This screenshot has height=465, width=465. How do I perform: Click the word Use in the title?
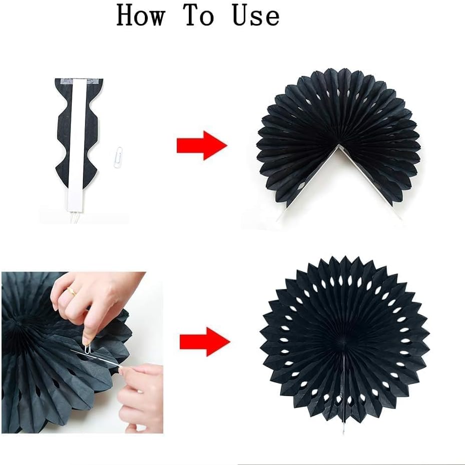256,15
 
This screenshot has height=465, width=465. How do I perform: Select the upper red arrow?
202,146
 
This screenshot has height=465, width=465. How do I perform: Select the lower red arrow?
205,342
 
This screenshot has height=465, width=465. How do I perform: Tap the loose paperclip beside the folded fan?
119,158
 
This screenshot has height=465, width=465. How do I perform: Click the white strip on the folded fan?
77,145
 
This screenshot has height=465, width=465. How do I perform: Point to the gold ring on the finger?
72,291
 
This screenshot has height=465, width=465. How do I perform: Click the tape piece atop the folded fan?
79,81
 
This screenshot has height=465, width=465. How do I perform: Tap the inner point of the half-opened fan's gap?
339,145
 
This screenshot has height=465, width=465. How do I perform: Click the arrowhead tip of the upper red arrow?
227,146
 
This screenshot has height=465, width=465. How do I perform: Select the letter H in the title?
127,15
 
